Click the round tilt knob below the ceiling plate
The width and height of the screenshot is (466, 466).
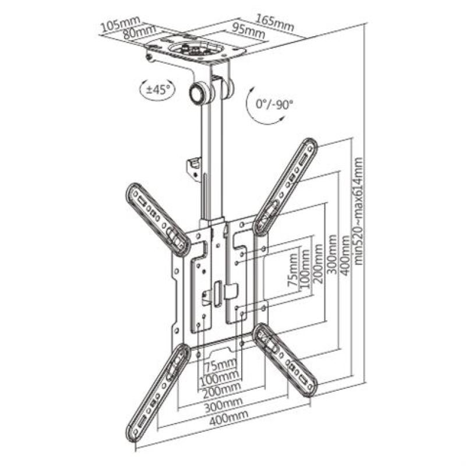(x=199, y=93)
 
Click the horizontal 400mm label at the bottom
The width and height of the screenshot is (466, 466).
(x=228, y=415)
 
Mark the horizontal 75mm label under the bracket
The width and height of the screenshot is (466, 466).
(x=221, y=365)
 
